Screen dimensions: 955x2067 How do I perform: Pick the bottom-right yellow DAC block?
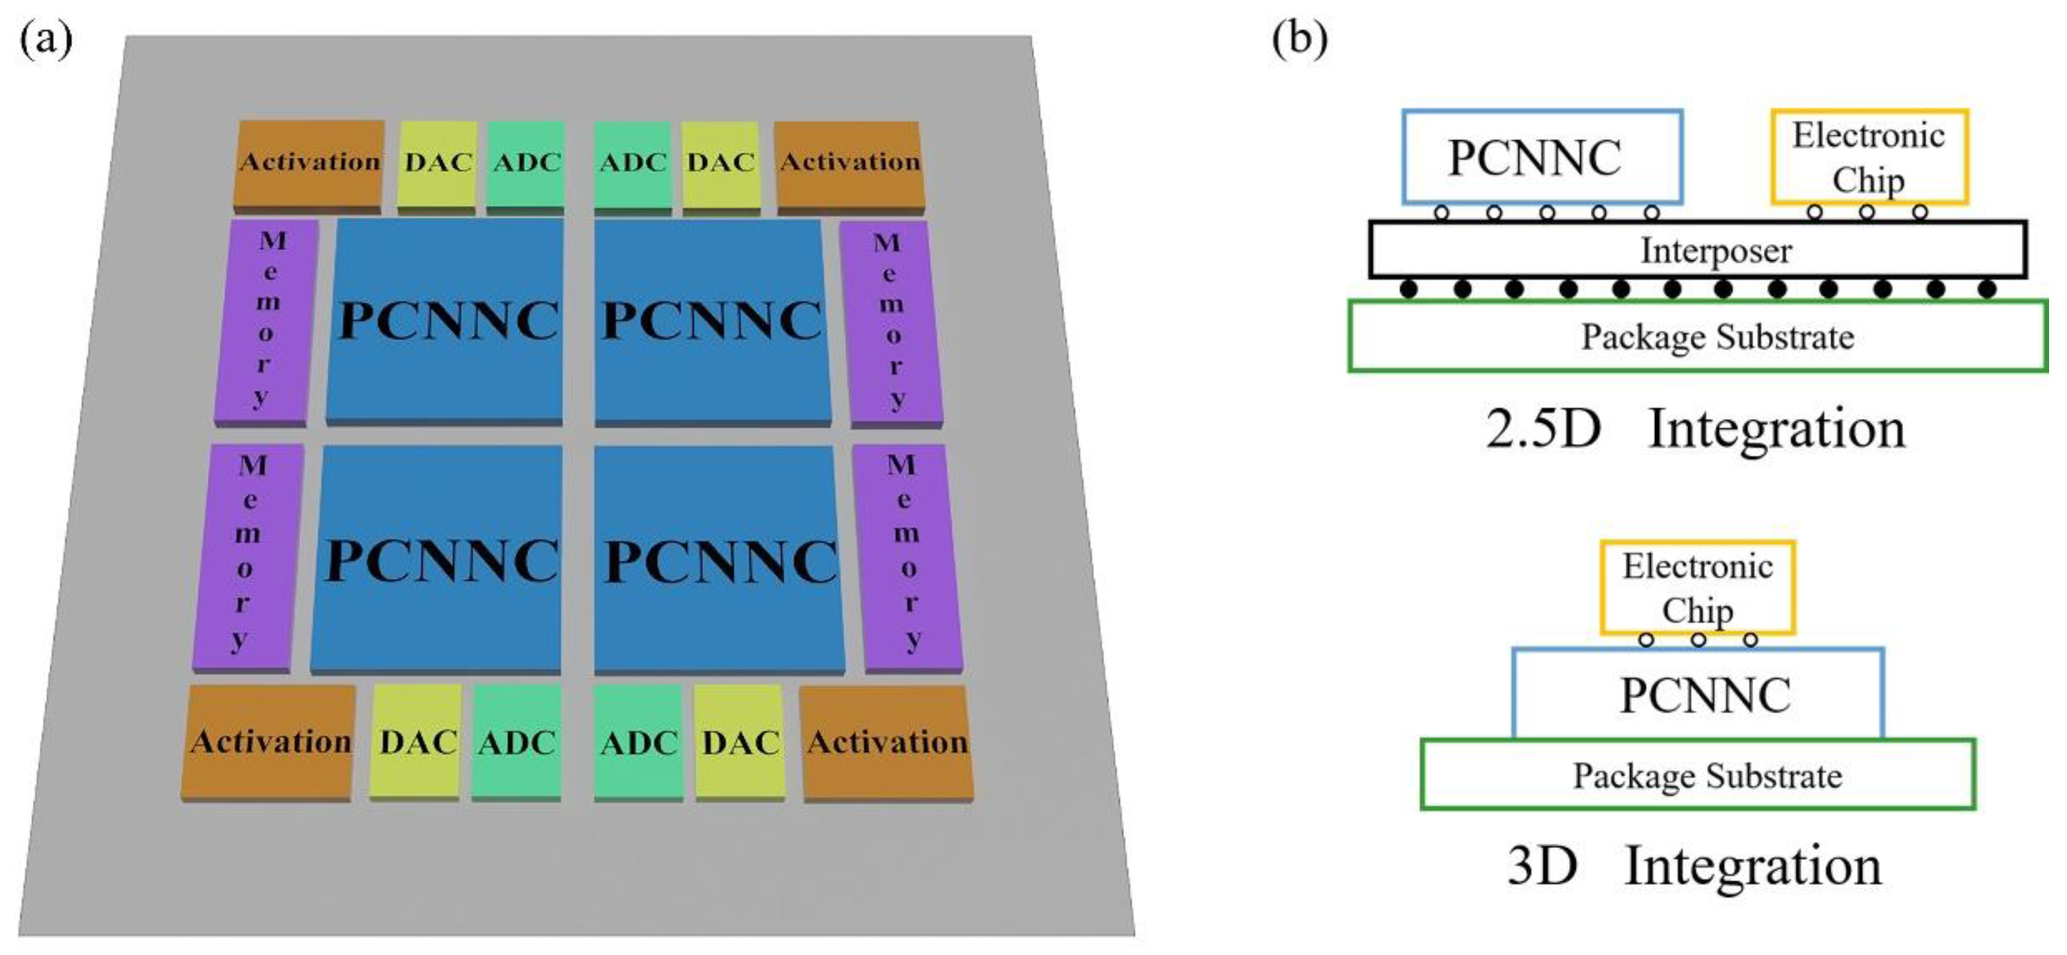point(740,743)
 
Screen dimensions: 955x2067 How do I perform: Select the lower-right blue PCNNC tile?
point(719,560)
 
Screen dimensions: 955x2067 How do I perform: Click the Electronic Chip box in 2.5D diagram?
point(1869,156)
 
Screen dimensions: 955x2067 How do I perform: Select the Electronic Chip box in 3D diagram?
point(1697,587)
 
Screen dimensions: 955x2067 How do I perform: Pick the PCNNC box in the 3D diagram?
point(1697,694)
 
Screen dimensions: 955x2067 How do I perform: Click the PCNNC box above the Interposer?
point(1541,156)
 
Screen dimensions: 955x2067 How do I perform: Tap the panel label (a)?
point(46,38)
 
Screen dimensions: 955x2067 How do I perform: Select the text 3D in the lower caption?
point(1541,867)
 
